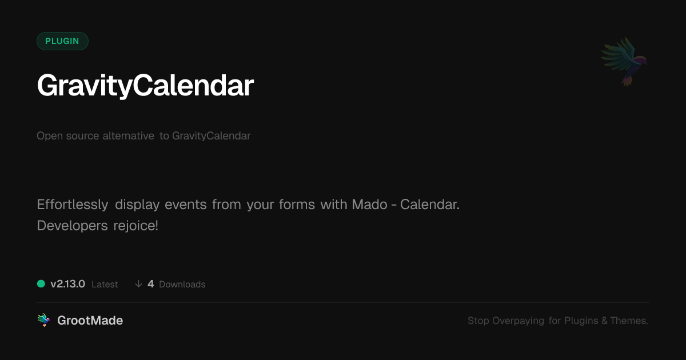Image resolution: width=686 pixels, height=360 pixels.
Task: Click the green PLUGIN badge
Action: [62, 41]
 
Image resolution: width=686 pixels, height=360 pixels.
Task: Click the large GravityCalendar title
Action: [145, 86]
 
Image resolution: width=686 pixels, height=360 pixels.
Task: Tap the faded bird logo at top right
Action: [624, 62]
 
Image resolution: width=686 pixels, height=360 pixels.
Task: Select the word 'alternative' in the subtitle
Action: [128, 135]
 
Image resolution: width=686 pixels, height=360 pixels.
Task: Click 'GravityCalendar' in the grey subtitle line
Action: [212, 136]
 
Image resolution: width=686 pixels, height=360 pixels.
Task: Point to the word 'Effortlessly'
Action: [73, 205]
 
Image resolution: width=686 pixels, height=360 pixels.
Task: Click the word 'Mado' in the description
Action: [370, 205]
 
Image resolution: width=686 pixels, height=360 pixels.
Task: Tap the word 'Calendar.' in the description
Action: [430, 205]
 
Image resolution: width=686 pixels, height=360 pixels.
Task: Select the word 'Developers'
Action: [72, 226]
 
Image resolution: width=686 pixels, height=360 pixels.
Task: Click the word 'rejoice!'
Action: [135, 226]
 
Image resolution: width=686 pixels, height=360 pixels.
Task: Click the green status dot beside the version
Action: [41, 284]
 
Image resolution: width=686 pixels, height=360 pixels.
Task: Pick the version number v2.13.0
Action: [67, 284]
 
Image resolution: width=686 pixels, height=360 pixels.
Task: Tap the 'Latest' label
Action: [105, 285]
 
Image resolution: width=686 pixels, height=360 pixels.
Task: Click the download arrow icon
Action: [138, 284]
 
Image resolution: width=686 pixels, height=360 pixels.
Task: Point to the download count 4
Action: [151, 284]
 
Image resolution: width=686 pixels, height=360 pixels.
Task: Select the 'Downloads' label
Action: [182, 285]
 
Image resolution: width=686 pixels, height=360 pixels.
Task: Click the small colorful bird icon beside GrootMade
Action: [43, 320]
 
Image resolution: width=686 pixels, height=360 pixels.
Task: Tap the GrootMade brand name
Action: [90, 321]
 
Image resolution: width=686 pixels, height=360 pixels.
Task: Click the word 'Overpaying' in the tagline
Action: [518, 321]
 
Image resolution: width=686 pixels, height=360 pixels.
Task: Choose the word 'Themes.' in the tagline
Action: [629, 321]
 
